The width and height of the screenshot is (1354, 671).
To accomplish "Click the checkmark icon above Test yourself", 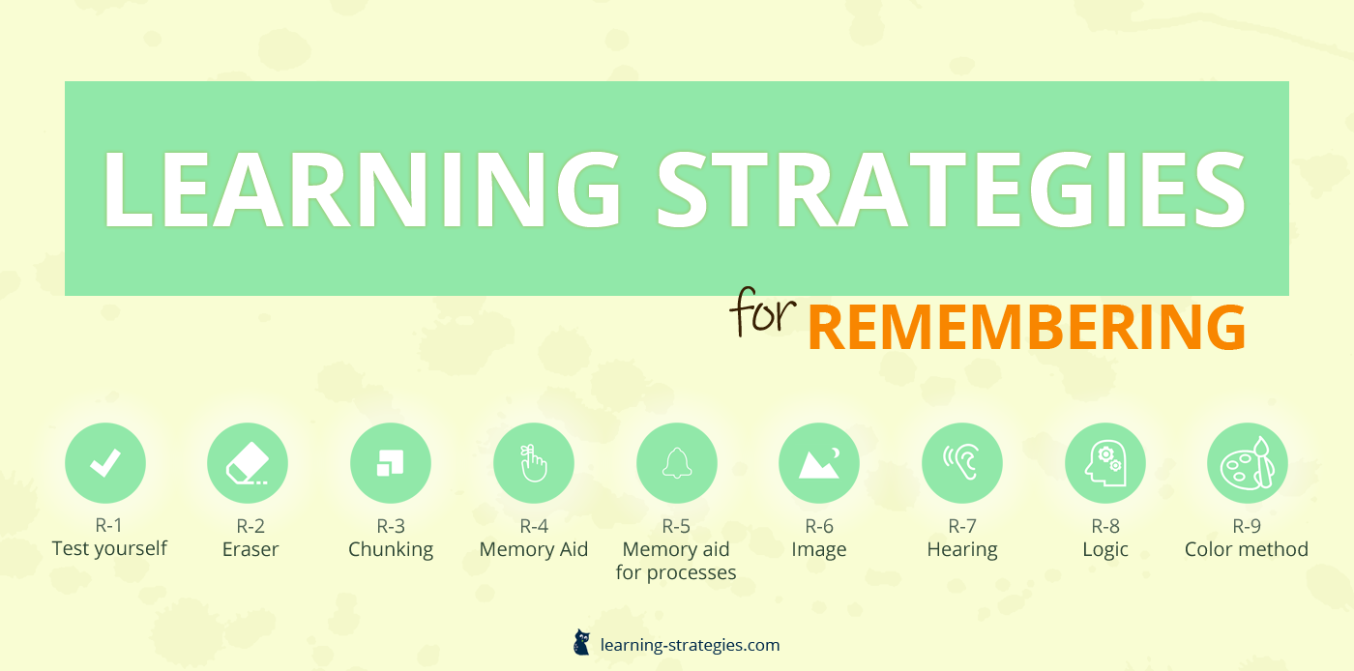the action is point(105,463).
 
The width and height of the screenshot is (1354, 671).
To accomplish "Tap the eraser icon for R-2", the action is point(248,463).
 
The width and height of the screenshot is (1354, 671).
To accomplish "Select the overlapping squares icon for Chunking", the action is point(391,463).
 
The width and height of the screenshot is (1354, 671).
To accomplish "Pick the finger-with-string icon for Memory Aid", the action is point(534,463).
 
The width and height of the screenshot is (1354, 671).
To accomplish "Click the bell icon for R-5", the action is point(677,463).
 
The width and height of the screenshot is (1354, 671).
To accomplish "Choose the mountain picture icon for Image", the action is point(819,463).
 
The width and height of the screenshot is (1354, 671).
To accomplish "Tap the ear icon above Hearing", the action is point(962,463).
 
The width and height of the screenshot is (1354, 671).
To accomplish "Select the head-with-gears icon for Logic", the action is point(1104,463).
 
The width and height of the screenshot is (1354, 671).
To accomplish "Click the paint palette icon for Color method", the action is point(1248,463).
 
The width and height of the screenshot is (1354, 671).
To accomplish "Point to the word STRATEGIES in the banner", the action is point(951,190).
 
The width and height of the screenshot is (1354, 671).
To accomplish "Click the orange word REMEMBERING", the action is point(1026,327).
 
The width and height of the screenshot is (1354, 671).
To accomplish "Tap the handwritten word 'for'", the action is point(763,311).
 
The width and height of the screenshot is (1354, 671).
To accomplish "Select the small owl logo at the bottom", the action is point(581,642).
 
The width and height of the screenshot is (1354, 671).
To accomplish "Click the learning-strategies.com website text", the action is point(690,645).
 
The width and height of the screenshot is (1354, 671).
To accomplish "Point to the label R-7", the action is point(962,526).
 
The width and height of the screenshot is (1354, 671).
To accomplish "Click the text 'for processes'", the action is point(676,571).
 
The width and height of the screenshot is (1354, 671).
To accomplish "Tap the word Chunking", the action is point(391,549).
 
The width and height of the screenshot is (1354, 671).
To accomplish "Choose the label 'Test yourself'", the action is point(109,548).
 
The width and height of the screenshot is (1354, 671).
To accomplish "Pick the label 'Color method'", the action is point(1247,549).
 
